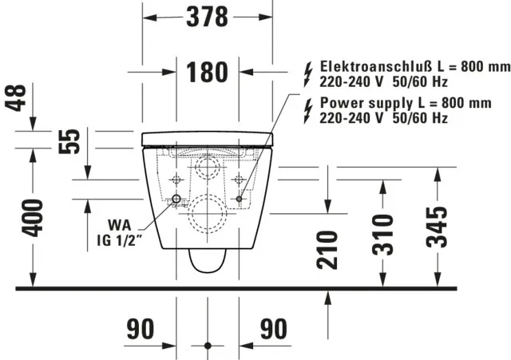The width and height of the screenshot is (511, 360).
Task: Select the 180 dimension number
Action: (207, 73)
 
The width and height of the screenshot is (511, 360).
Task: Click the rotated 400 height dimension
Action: (32, 218)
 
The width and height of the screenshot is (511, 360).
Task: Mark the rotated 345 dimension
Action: (436, 227)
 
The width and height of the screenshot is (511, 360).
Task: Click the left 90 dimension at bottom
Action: (141, 328)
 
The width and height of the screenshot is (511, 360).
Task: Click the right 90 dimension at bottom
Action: (273, 328)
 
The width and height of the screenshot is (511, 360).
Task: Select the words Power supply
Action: (356, 103)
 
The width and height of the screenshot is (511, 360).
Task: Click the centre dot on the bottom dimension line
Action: (207, 346)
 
